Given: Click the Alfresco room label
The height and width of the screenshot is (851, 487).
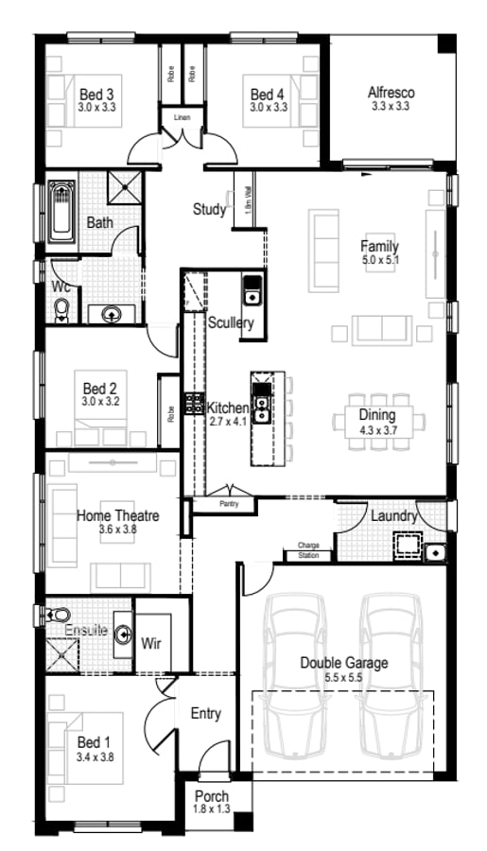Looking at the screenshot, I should click(391, 93).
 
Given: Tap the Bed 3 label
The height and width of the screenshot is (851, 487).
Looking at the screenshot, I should click(96, 94).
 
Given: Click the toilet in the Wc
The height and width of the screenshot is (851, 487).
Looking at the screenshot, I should click(62, 310).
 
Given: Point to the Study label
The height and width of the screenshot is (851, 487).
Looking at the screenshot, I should click(209, 209).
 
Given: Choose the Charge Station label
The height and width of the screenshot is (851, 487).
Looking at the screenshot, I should click(308, 549).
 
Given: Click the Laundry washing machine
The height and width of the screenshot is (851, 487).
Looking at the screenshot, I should click(407, 546).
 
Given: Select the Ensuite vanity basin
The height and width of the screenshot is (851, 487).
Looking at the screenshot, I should click(121, 634).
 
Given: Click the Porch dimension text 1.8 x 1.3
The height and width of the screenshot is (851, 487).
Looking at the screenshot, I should click(212, 808).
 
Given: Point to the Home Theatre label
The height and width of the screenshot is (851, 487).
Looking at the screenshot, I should click(117, 516).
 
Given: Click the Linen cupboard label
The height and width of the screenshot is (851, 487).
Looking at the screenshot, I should click(182, 117).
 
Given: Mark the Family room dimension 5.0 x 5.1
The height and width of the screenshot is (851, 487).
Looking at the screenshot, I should click(378, 259).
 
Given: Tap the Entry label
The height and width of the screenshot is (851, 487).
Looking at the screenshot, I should click(206, 714).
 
